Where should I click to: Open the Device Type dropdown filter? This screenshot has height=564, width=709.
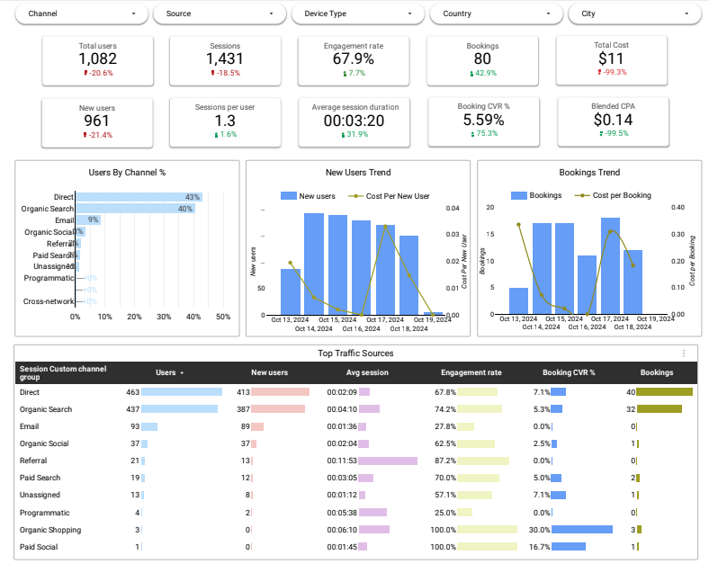click(x=357, y=14)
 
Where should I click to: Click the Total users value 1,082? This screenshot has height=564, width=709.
click(x=97, y=58)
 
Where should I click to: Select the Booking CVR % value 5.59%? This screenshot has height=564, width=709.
click(x=482, y=119)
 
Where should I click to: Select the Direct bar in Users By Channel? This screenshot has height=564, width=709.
click(x=139, y=197)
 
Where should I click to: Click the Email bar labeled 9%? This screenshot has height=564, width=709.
click(x=87, y=219)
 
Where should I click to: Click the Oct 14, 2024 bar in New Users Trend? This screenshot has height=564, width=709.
click(x=314, y=264)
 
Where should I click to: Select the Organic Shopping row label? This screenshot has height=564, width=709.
click(x=50, y=530)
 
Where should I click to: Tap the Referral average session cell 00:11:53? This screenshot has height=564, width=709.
click(x=342, y=461)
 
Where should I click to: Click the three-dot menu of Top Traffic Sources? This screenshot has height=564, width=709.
click(x=684, y=354)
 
